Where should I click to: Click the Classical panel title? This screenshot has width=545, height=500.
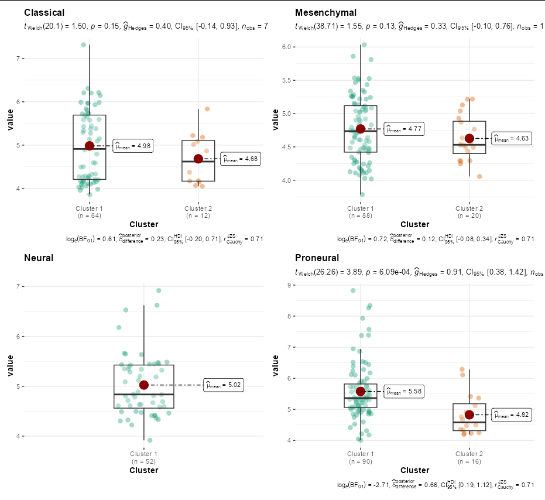[x=44, y=13]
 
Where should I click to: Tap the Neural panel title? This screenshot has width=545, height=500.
[x=39, y=258]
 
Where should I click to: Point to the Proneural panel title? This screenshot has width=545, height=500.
[x=317, y=258]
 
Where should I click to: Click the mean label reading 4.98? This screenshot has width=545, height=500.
[x=133, y=146]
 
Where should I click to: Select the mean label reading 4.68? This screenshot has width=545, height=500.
[x=241, y=159]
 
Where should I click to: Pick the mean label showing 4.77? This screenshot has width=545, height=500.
[x=404, y=129]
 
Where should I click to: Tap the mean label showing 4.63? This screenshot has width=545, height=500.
[x=512, y=139]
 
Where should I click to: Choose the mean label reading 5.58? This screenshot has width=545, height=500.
[x=404, y=392]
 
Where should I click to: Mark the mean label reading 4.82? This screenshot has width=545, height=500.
[x=512, y=415]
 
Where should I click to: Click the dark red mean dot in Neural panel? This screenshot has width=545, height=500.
[x=144, y=385]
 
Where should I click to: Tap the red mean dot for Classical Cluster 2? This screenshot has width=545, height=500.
[x=198, y=159]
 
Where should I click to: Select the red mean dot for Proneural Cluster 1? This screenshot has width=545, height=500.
[x=361, y=391]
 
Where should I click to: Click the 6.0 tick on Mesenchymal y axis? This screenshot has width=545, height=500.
[x=287, y=47]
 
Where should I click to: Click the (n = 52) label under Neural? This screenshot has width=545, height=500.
[x=144, y=461]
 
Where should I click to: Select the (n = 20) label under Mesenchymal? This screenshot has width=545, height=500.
[x=469, y=215]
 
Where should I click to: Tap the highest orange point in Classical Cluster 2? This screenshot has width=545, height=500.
[x=207, y=109]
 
